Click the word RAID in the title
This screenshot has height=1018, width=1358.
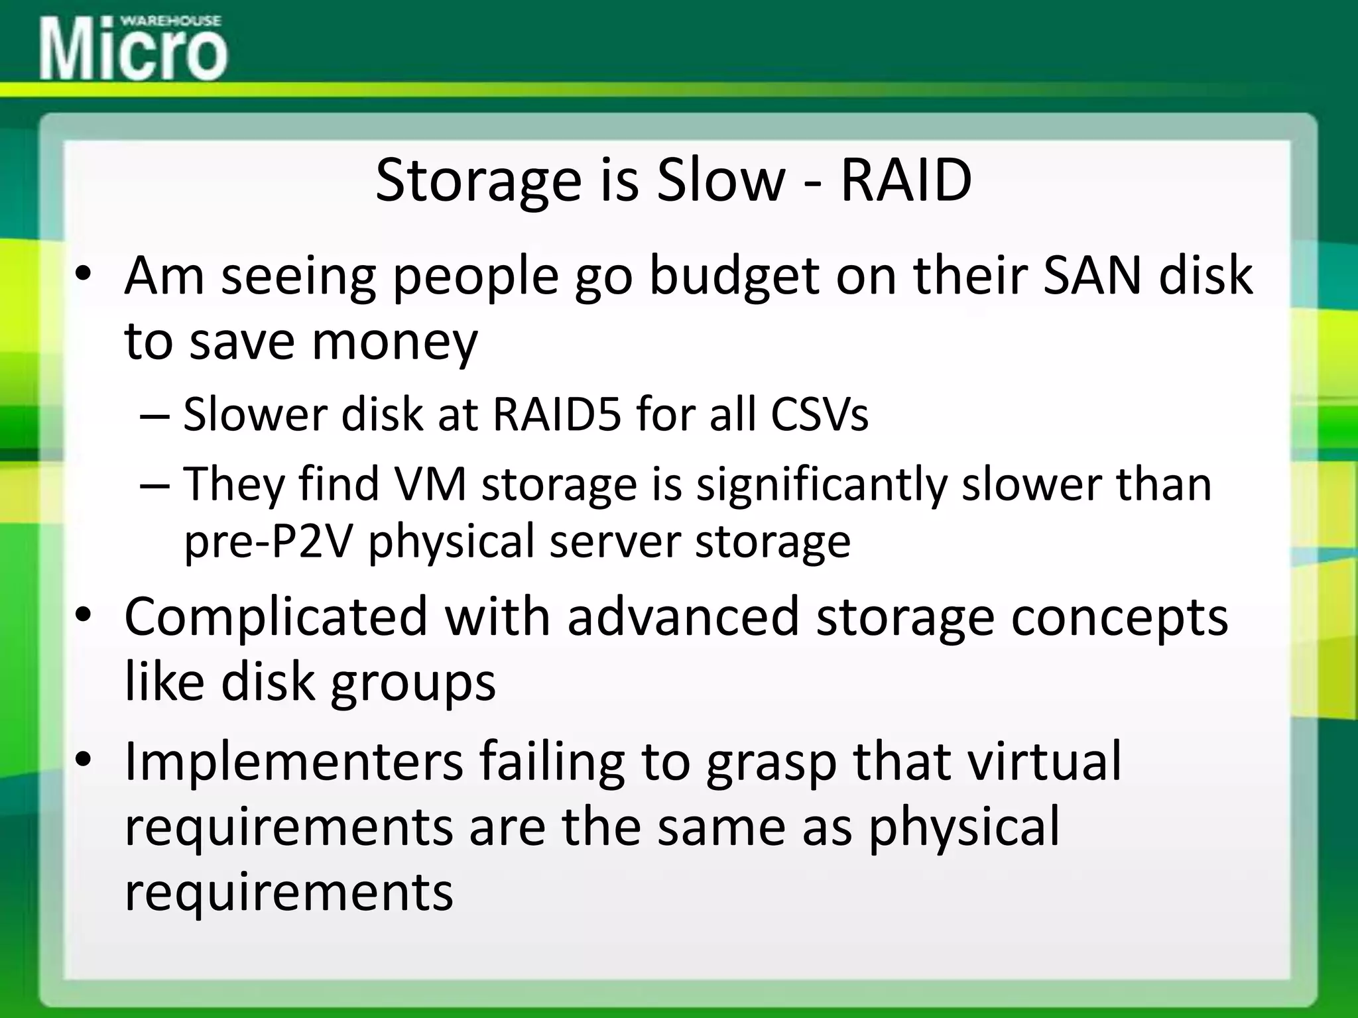tap(906, 180)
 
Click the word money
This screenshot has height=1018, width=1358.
tap(394, 341)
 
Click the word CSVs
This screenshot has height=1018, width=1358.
tap(818, 414)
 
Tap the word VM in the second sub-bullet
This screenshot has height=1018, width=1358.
tap(430, 483)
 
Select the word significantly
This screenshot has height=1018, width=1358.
tap(821, 484)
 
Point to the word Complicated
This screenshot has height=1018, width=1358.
tap(275, 617)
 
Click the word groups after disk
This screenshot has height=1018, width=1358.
tap(412, 683)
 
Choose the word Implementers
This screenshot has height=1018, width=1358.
tap(294, 762)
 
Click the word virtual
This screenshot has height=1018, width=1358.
tap(1044, 762)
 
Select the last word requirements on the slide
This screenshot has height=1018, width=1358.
tap(288, 891)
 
